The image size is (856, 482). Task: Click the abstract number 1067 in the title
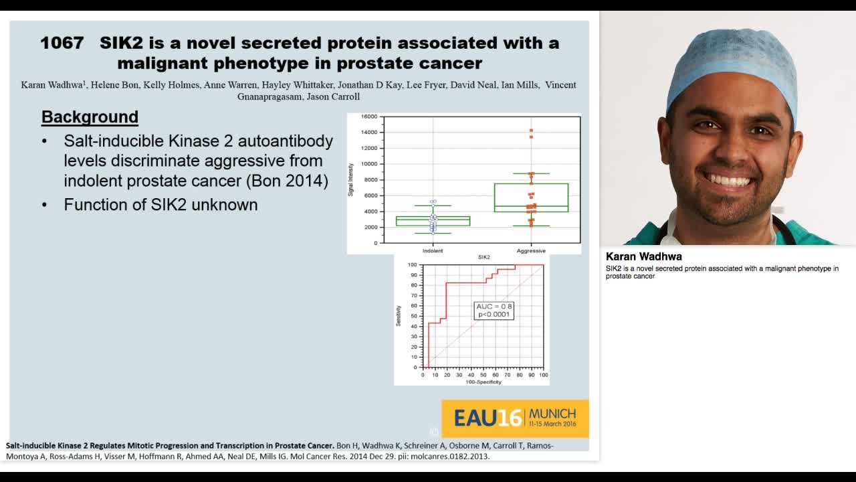point(62,43)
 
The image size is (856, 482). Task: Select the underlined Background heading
point(90,117)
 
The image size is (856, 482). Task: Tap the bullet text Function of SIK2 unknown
point(160,205)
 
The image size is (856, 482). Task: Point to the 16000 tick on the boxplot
point(369,116)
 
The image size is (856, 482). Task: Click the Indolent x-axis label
point(433,251)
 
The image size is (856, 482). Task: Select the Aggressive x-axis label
point(531,251)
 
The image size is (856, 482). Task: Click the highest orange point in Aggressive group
point(531,131)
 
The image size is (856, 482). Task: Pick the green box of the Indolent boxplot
point(433,221)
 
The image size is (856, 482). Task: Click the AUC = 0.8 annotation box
point(494,310)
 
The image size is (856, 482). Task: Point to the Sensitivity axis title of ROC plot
point(399,315)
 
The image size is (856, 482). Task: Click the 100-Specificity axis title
point(484,382)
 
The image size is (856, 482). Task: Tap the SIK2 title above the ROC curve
point(484,257)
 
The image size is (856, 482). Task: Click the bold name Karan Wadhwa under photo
point(643,256)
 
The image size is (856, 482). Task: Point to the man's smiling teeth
point(729,181)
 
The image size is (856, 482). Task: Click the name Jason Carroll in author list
point(332,96)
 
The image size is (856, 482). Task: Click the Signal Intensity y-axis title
point(351,179)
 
